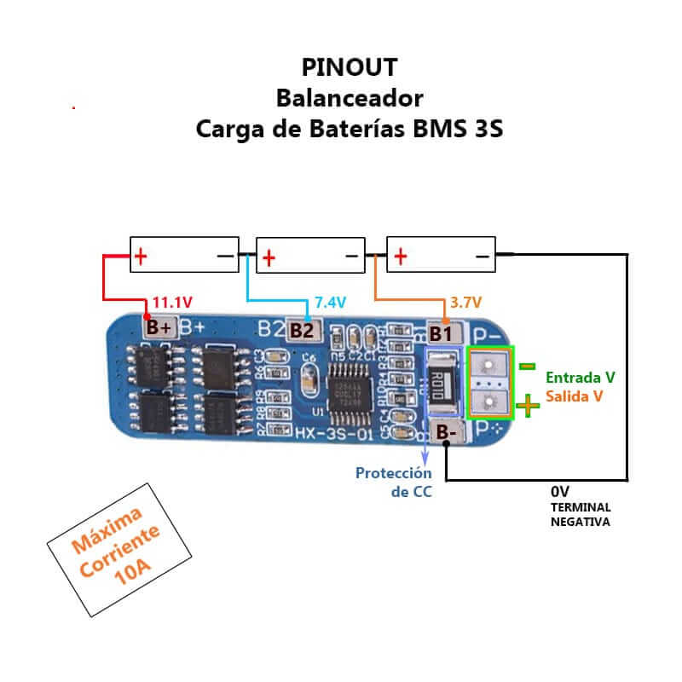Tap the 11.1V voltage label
171,303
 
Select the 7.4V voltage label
330,303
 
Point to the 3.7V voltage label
465,303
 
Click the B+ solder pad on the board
159,327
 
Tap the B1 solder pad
441,332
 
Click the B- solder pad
446,433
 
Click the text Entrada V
581,377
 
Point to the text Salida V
575,396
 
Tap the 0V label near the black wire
560,492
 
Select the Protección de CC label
394,482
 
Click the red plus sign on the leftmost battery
140,254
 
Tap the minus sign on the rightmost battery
482,255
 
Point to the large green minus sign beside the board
528,366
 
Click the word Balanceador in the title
349,97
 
